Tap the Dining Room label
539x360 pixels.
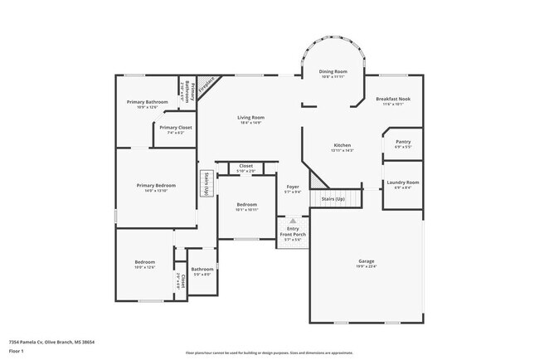pyautogui.click(x=333, y=71)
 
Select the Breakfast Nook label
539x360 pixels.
pyautogui.click(x=392, y=100)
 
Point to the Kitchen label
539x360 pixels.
pyautogui.click(x=342, y=145)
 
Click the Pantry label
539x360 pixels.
pyautogui.click(x=403, y=141)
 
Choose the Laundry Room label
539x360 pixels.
pyautogui.click(x=402, y=182)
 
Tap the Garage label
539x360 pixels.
pyautogui.click(x=366, y=260)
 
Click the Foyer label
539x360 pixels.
pyautogui.click(x=292, y=187)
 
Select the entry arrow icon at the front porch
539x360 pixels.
pyautogui.click(x=292, y=221)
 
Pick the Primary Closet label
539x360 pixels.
pyautogui.click(x=175, y=127)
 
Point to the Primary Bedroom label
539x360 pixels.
pyautogui.click(x=155, y=185)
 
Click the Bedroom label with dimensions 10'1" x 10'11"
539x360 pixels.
pyautogui.click(x=246, y=204)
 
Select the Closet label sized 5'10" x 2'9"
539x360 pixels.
pyautogui.click(x=245, y=166)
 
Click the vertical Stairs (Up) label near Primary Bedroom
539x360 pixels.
pyautogui.click(x=206, y=184)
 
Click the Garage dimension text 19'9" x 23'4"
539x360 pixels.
pyautogui.click(x=366, y=266)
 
